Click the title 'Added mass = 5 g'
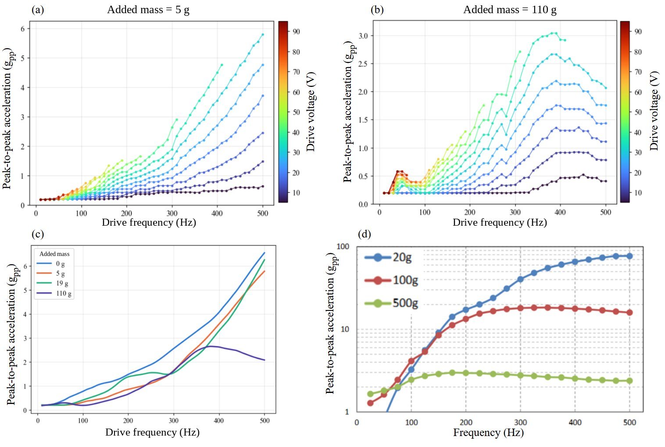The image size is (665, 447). (x=148, y=10)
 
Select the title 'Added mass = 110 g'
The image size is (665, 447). (x=510, y=10)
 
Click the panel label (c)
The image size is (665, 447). (x=38, y=234)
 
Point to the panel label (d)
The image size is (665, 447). (x=365, y=234)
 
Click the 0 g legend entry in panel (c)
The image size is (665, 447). (x=50, y=263)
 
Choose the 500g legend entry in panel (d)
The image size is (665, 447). (x=391, y=303)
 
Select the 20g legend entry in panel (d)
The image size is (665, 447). (x=388, y=257)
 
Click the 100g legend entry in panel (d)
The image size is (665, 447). (x=391, y=280)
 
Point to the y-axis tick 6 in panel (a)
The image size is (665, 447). (x=23, y=29)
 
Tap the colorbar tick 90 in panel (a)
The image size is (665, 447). (x=296, y=32)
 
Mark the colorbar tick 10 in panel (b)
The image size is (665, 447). (x=638, y=193)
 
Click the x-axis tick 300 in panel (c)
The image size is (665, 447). (x=174, y=421)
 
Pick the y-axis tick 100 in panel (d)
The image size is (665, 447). (x=343, y=246)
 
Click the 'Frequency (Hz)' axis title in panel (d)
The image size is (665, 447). (x=488, y=433)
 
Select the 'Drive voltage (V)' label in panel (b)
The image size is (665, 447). (x=654, y=111)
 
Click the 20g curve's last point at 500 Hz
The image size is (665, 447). (x=629, y=256)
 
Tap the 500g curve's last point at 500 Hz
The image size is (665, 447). (x=629, y=381)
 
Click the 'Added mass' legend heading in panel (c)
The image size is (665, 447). (x=54, y=254)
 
